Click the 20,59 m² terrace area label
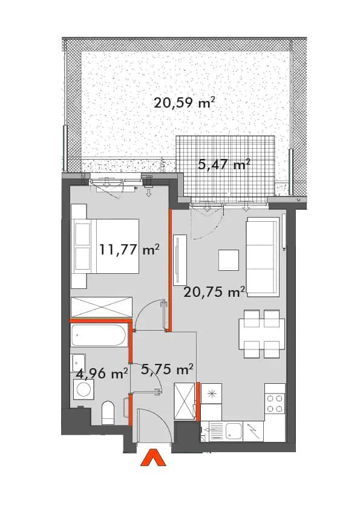pos(184,103)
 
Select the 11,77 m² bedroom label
pos(129,250)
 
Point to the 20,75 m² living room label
pos(214,292)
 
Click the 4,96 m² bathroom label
pos(102,374)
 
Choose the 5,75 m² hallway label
pos(168,369)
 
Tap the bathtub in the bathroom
pos(99,335)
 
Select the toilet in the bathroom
pos(108,413)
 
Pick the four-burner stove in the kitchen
pos(275,403)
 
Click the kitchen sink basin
pos(234,431)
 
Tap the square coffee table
pos(229,260)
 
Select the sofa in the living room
pos(263,257)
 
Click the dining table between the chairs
pos(261,334)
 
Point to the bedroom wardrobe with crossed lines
pos(102,306)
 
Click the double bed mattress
pos(117,247)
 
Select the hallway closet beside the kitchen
pos(184,402)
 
